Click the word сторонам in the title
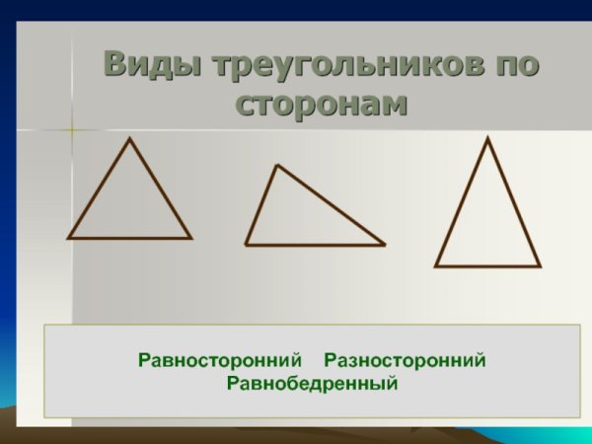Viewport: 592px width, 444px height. tap(322, 103)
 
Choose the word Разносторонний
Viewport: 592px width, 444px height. tap(406, 360)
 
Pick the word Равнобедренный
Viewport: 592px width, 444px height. tap(312, 382)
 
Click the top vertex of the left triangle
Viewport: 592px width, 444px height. tap(129, 138)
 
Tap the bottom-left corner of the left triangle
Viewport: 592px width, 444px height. tap(68, 238)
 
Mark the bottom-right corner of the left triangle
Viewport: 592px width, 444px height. tap(190, 238)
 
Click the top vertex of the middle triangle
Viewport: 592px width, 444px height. tap(277, 165)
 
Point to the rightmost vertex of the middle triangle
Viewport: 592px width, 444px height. tap(384, 245)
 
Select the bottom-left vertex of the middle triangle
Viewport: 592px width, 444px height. tap(246, 244)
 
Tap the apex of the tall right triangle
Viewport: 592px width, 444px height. tap(487, 138)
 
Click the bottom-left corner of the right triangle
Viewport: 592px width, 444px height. tap(436, 266)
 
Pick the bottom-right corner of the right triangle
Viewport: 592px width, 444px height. tap(540, 266)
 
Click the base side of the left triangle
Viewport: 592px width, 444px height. tap(129, 238)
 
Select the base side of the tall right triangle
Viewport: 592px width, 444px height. tap(487, 266)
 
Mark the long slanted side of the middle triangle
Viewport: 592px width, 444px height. tap(331, 204)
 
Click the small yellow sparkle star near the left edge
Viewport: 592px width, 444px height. tap(72, 128)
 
